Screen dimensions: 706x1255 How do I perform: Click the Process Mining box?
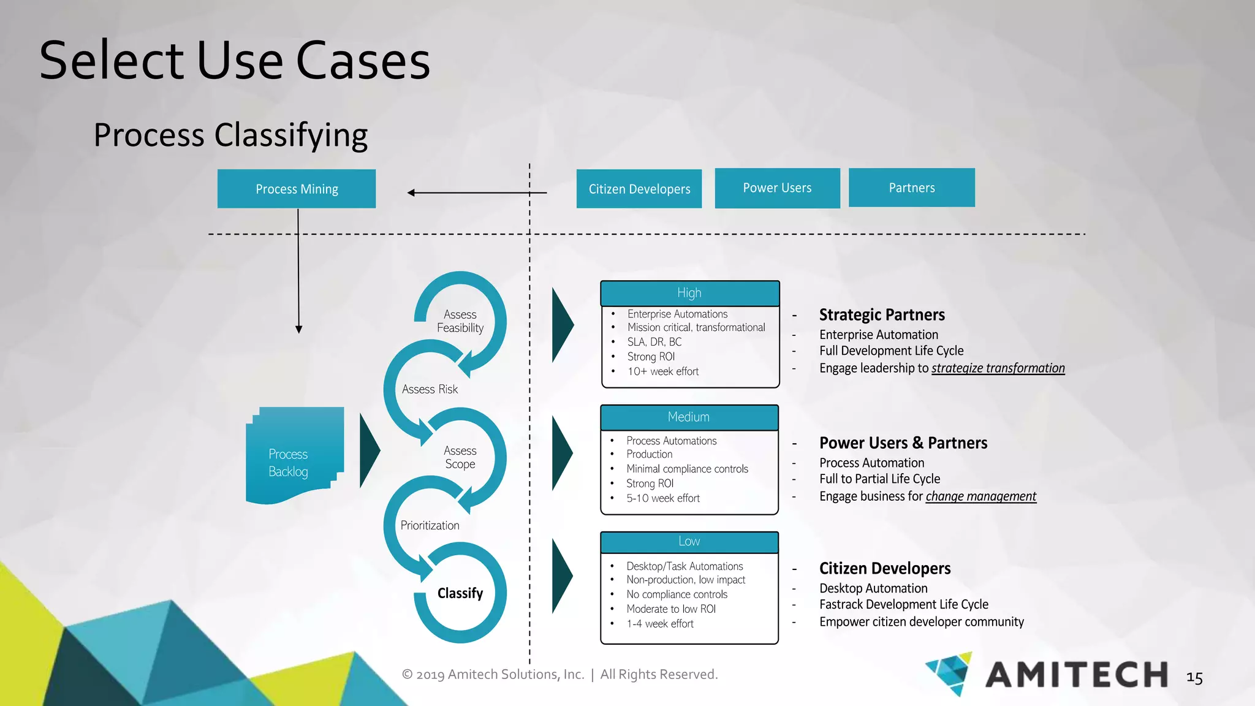pyautogui.click(x=297, y=189)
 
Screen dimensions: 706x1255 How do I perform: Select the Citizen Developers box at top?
pyautogui.click(x=639, y=189)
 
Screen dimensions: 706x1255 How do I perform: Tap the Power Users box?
pyautogui.click(x=777, y=188)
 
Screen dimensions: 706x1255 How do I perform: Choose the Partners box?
pyautogui.click(x=911, y=188)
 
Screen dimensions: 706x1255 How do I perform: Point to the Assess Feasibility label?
pyautogui.click(x=460, y=321)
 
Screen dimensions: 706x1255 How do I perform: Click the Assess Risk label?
pyautogui.click(x=430, y=389)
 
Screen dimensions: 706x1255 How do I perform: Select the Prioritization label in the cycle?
pyautogui.click(x=430, y=525)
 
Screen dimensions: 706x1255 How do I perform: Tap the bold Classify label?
pyautogui.click(x=460, y=593)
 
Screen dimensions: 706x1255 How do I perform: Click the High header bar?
pyautogui.click(x=689, y=293)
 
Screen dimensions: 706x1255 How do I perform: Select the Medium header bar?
pyautogui.click(x=689, y=417)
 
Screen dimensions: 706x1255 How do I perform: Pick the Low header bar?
pyautogui.click(x=689, y=542)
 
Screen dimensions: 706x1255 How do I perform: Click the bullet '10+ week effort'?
pyautogui.click(x=662, y=371)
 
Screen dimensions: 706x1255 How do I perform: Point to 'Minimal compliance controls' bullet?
pyautogui.click(x=687, y=469)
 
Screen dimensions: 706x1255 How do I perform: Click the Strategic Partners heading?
pyautogui.click(x=882, y=315)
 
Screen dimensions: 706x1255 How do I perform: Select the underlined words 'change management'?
pyautogui.click(x=980, y=496)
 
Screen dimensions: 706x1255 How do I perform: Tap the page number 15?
pyautogui.click(x=1194, y=678)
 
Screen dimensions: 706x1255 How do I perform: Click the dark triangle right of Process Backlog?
pyautogui.click(x=369, y=450)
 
